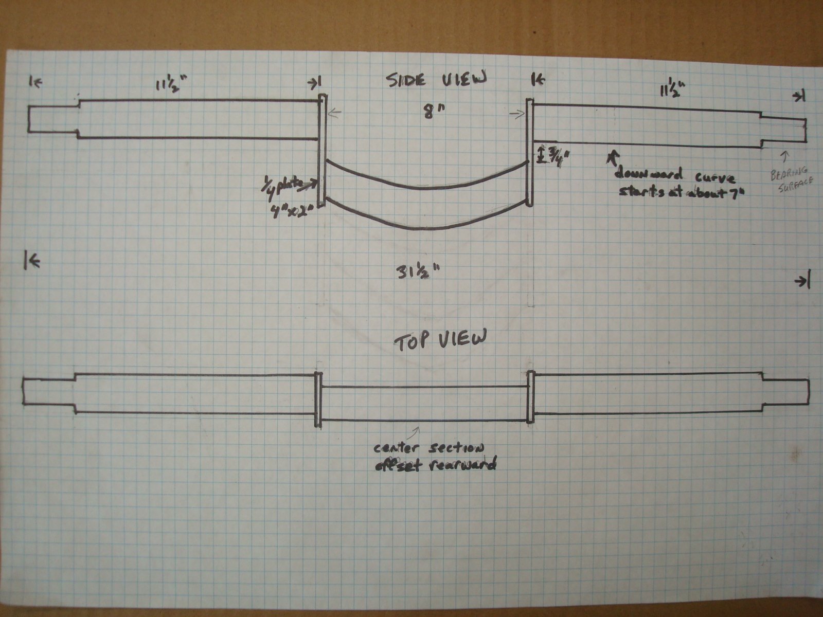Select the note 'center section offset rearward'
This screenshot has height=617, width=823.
pyautogui.click(x=435, y=456)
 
